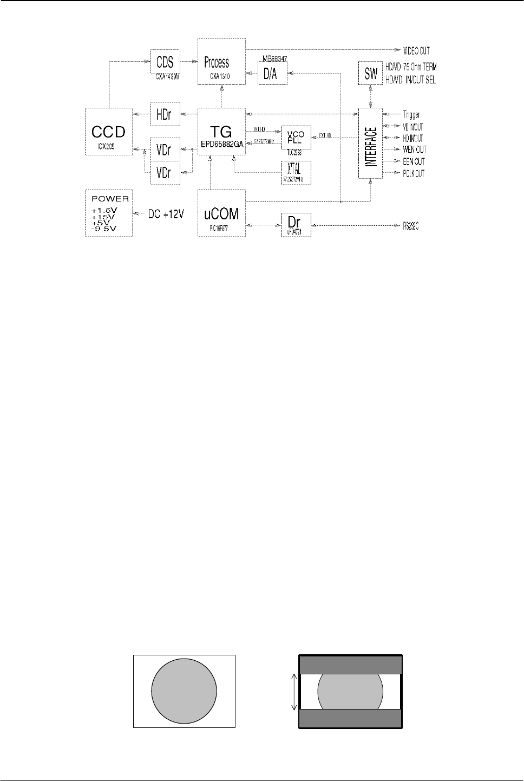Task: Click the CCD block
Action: tap(108, 132)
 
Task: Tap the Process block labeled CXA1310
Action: tap(221, 62)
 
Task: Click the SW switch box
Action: tap(371, 73)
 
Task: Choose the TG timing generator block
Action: tap(221, 132)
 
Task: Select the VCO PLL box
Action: tap(296, 138)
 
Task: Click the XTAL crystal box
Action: tap(296, 172)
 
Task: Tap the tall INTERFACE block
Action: tap(370, 143)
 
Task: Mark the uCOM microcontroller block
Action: tap(221, 213)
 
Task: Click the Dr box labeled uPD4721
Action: tap(296, 224)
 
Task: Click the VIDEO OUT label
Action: tap(417, 51)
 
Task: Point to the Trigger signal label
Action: tap(411, 115)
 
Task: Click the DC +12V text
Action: tap(167, 214)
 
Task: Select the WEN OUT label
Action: tap(415, 150)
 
